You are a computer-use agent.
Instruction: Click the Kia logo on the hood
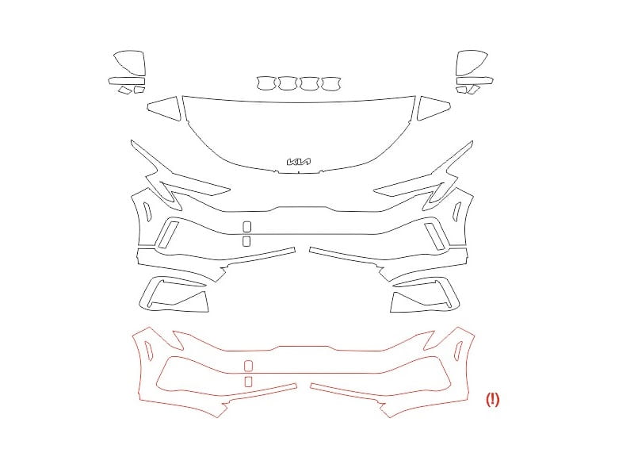299,162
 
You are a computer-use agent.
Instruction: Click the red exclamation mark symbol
492,400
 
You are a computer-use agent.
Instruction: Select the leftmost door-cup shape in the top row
265,83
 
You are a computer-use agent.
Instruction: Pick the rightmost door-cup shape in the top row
331,83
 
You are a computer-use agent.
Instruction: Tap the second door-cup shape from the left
288,83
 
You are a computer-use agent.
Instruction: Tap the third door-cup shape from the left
309,83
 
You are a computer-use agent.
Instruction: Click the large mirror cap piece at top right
471,63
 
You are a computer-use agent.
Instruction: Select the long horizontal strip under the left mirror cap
127,81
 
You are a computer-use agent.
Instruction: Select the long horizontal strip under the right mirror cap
475,81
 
